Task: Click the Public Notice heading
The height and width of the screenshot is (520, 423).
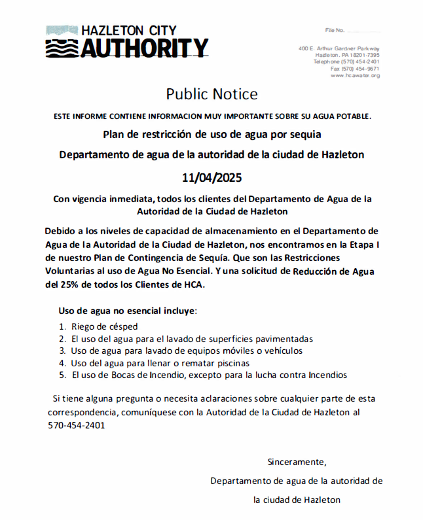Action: click(211, 94)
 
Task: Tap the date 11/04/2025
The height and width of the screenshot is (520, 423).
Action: click(211, 177)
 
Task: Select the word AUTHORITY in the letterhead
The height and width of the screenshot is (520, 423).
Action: click(143, 48)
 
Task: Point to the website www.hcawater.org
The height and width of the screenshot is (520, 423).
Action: click(355, 75)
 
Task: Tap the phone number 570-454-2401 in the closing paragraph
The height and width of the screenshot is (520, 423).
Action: click(77, 425)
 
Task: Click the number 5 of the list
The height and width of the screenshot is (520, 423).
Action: click(62, 375)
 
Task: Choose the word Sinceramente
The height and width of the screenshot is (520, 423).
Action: click(296, 462)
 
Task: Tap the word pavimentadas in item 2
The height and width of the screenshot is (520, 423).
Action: click(284, 339)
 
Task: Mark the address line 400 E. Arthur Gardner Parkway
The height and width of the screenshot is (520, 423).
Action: click(339, 49)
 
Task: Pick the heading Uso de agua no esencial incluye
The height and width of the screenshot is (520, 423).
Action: click(128, 310)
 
